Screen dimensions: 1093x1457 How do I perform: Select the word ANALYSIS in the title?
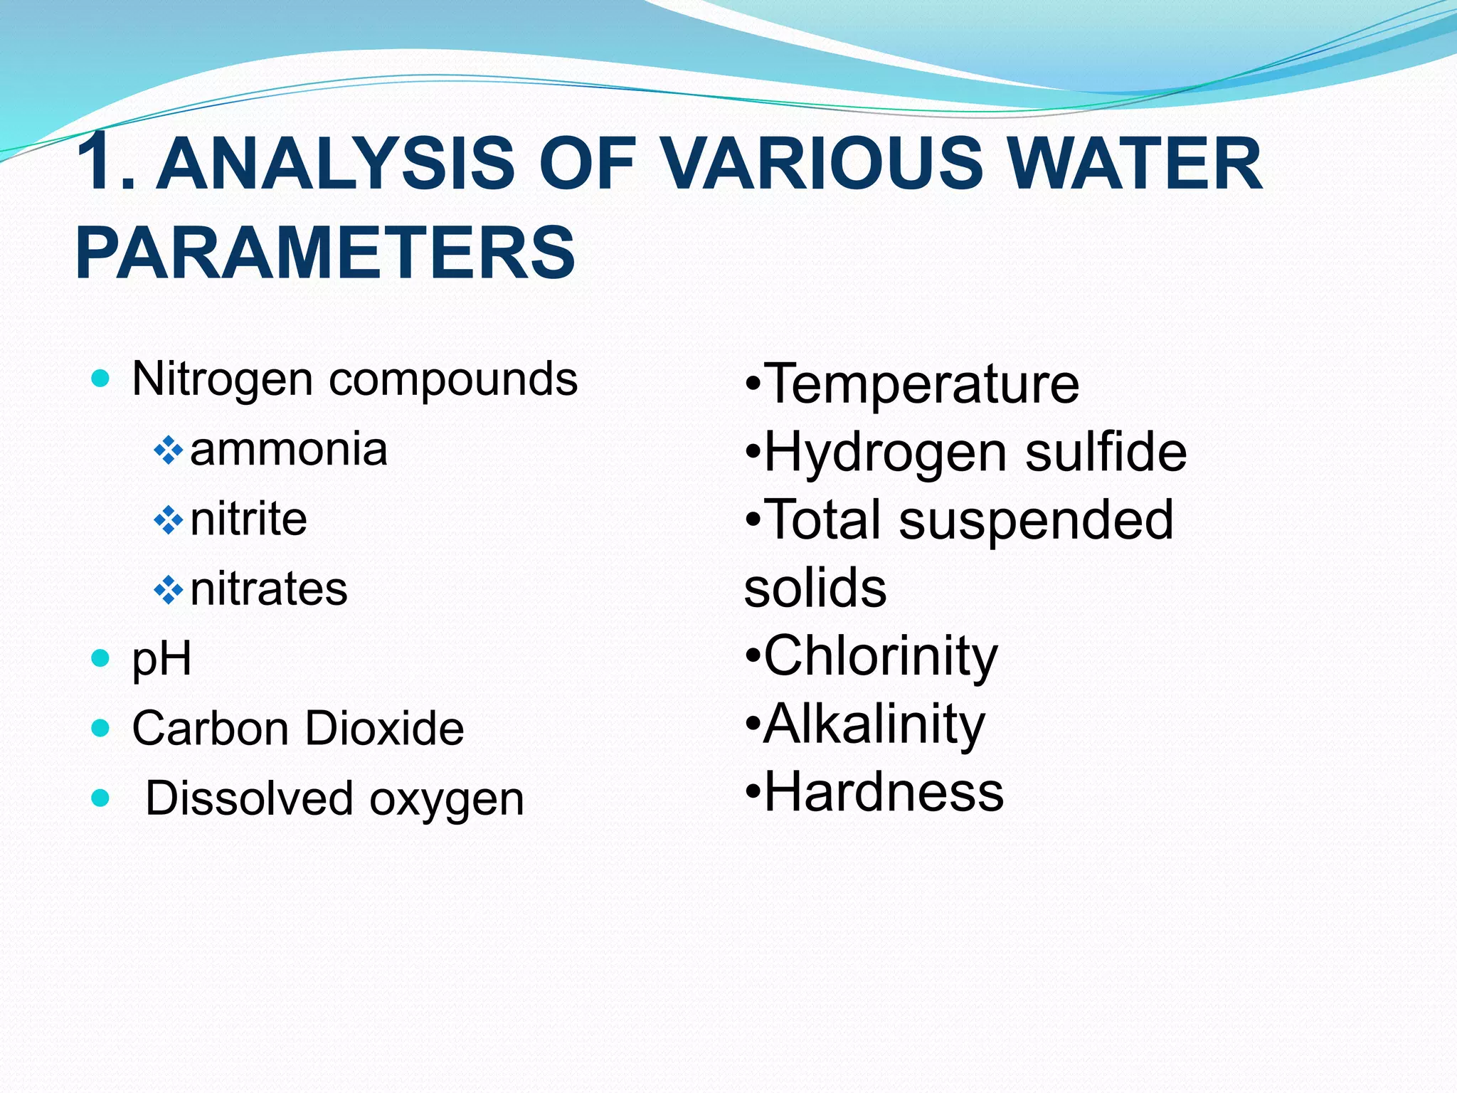334,164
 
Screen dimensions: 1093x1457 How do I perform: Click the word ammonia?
289,450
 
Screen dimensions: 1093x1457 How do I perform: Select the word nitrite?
249,519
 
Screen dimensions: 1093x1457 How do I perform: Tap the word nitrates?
269,588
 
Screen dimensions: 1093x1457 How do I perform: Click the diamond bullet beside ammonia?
169,450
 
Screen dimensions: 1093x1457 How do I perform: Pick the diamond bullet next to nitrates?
169,590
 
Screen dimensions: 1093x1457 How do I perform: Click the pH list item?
161,659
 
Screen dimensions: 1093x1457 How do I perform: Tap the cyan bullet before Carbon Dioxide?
101,728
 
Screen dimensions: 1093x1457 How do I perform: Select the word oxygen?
447,800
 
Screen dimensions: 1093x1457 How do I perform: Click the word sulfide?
1106,452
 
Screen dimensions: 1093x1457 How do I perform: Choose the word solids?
815,588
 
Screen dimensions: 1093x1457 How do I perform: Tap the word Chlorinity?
881,657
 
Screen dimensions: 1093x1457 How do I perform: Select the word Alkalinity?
874,724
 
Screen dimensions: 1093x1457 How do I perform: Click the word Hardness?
884,793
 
